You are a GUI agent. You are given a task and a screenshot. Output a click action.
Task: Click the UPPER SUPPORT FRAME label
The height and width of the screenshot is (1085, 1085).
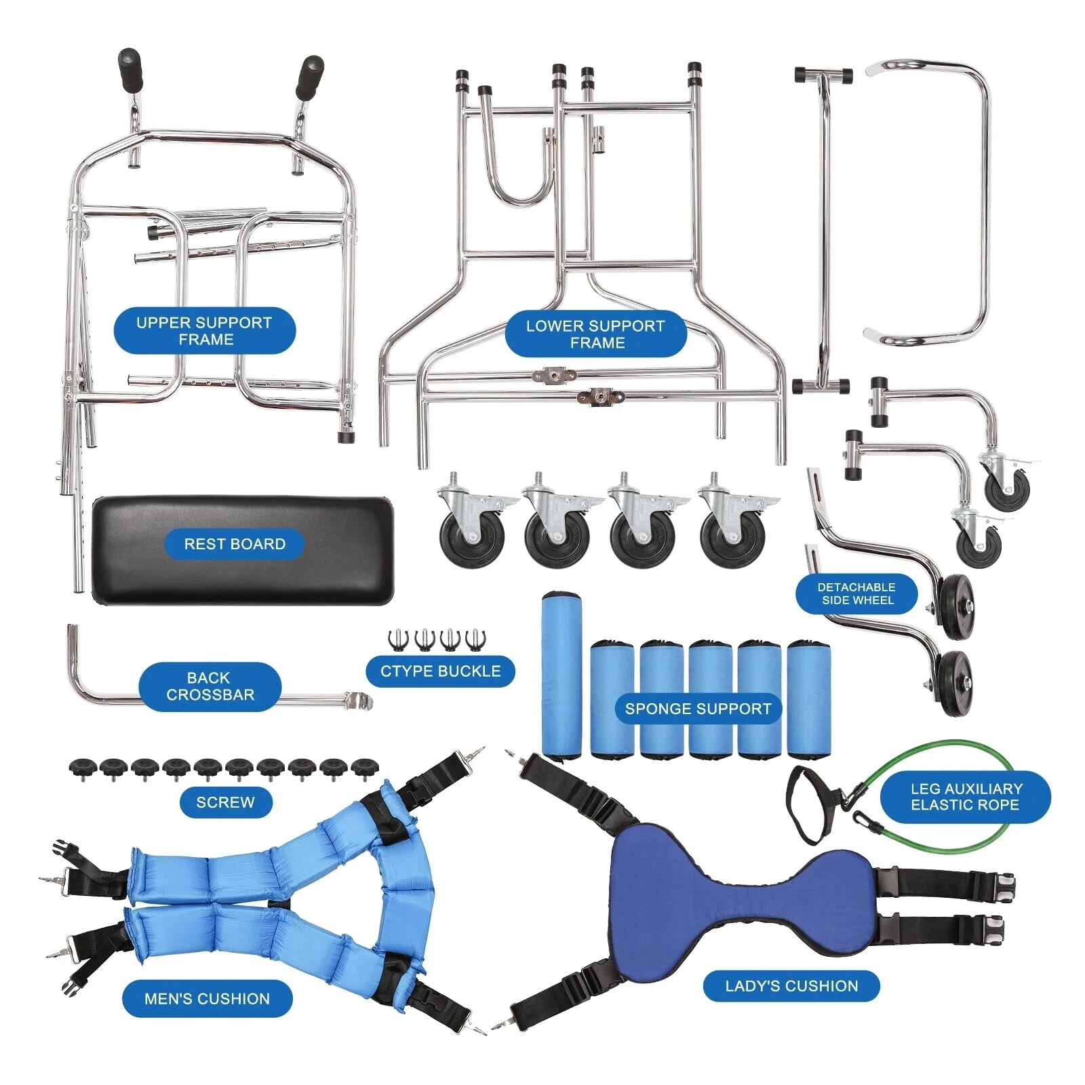pos(204,331)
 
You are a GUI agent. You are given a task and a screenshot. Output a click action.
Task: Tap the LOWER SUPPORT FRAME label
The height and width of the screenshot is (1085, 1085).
pos(595,334)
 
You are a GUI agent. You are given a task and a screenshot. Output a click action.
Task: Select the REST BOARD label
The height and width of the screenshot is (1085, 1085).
pos(235,544)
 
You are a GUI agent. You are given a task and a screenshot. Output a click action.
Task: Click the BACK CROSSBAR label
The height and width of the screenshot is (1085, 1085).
pos(210,686)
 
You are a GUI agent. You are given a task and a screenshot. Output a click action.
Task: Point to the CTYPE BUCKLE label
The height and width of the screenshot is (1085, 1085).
pos(440,671)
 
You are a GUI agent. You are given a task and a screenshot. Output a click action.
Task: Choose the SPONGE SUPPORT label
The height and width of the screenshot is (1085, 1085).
pos(698,709)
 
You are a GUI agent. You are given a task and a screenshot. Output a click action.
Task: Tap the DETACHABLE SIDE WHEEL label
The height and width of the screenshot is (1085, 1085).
pos(856,594)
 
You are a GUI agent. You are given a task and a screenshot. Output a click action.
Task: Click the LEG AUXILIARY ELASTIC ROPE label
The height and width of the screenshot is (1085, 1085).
pos(965,797)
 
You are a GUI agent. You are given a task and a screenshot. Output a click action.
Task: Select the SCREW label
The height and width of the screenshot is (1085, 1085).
pos(225,802)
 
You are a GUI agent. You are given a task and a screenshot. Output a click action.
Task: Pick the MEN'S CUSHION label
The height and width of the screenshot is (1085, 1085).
pos(207,998)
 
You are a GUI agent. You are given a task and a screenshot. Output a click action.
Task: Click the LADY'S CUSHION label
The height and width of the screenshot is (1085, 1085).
pos(791,986)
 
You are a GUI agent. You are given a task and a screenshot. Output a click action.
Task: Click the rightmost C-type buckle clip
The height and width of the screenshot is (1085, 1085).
pos(476,639)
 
